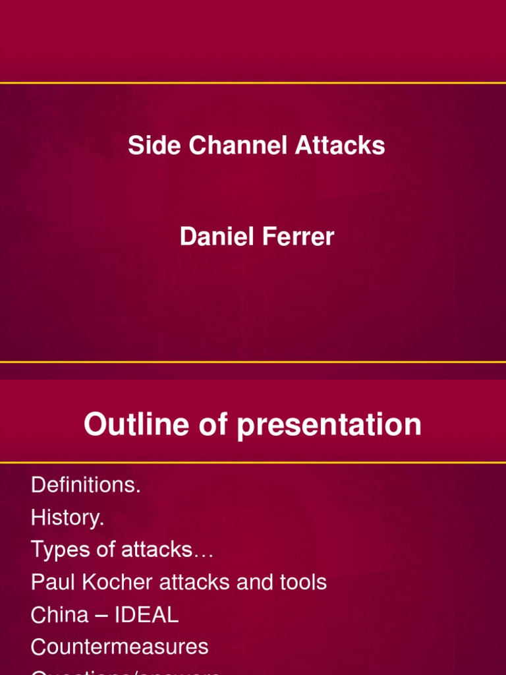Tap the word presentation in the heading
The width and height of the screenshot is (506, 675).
[x=329, y=425]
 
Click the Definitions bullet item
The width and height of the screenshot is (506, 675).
[x=86, y=486]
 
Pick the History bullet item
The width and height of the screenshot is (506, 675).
[x=67, y=518]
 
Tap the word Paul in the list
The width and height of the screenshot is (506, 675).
[x=51, y=583]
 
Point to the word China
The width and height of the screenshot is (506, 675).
[x=59, y=615]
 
